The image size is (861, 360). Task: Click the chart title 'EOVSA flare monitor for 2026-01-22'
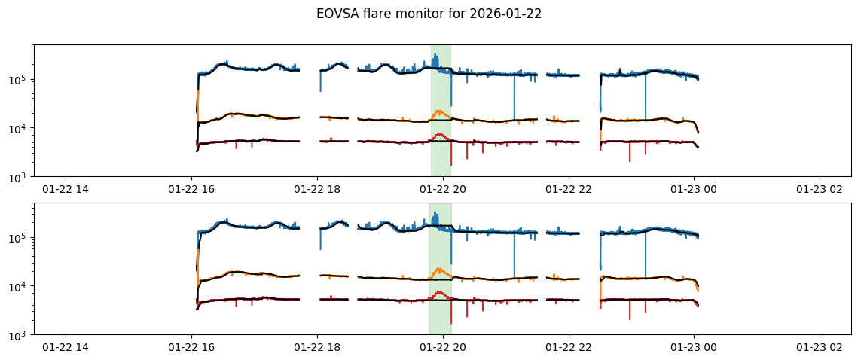pos(429,14)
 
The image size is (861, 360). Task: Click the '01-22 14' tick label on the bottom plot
pos(66,348)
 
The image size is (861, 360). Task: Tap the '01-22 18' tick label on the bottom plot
pos(317,348)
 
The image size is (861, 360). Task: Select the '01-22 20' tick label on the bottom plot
pos(443,348)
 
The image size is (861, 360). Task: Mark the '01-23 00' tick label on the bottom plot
pos(694,348)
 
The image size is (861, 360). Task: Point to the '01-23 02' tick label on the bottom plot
pos(820,348)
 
